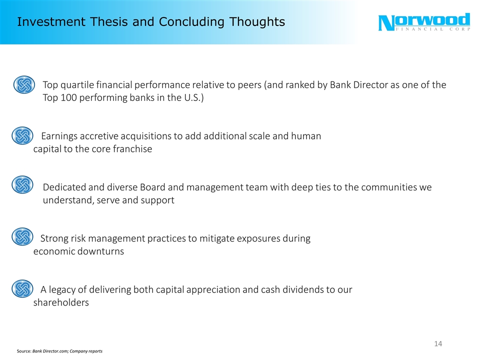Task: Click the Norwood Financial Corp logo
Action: (x=424, y=23)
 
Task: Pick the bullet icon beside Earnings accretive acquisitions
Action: (x=21, y=135)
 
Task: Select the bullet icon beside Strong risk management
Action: (x=21, y=237)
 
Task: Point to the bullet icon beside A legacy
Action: (x=21, y=288)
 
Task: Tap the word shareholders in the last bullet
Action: (x=61, y=302)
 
